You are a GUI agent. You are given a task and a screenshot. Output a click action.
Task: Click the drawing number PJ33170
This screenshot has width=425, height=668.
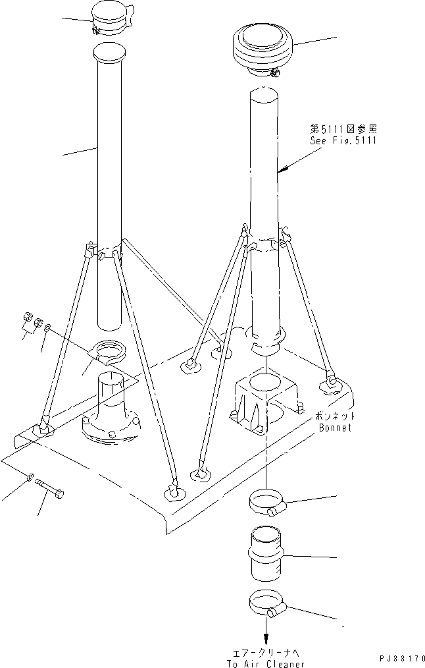pos(402,658)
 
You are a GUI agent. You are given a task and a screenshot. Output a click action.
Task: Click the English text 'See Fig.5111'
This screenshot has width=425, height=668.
pos(343,141)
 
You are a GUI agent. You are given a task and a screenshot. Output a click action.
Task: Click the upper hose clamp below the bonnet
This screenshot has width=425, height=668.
pos(267,504)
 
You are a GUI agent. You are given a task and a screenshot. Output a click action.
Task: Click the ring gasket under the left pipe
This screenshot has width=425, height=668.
pos(108,350)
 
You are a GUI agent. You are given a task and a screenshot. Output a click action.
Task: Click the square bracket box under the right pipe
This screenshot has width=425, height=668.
pos(266,399)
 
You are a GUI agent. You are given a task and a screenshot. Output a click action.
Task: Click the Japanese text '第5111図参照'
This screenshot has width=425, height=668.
pos(343,130)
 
